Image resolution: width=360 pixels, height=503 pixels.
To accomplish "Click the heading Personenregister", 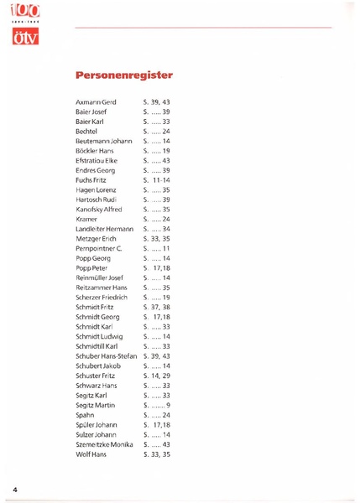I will pos(123,75).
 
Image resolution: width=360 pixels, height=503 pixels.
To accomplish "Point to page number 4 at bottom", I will pos(15,487).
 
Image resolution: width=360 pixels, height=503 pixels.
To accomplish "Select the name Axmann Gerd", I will pos(96,101).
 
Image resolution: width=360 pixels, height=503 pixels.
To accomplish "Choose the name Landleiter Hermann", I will pos(105,229).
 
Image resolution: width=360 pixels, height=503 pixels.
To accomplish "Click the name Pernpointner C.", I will pos(99,249).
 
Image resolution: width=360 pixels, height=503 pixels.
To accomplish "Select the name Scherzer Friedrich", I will pos(102,298).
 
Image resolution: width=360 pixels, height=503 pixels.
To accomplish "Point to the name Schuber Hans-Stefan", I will pos(106,356).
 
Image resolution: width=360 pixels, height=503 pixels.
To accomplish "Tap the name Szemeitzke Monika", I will pos(105,444).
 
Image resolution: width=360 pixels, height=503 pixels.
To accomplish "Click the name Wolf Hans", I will pos(91,454).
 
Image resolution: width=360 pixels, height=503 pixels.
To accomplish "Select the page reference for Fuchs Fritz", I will pos(157,179).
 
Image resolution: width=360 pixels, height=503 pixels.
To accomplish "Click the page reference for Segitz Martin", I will pos(157,406).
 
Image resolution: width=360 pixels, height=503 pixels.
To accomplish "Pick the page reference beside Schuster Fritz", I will pos(157,376).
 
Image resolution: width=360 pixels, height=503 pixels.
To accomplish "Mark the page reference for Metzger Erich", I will pos(157,239).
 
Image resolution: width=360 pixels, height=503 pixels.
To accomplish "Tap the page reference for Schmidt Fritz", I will pos(157,308).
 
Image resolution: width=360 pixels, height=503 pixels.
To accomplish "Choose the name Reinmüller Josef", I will pos(99,277).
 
